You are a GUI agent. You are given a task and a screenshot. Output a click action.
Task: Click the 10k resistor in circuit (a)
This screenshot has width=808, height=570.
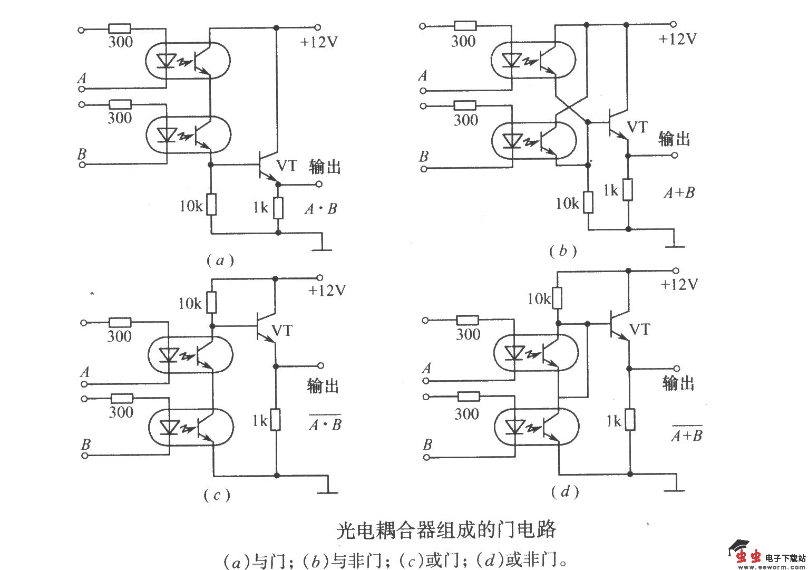point(211,205)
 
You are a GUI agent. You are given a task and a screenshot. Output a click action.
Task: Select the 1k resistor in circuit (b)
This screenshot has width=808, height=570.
point(627,190)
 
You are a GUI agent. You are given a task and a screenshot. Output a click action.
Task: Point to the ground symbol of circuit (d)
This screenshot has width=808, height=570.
point(675,489)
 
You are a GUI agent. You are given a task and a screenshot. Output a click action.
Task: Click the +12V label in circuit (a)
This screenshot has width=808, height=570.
point(318,42)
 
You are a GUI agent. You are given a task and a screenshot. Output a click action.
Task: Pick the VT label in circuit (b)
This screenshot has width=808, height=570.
point(637,128)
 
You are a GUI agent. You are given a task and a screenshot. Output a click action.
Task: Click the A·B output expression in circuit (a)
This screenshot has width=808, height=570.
point(320,209)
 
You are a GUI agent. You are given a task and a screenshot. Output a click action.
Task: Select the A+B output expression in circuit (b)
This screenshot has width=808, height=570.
point(679,193)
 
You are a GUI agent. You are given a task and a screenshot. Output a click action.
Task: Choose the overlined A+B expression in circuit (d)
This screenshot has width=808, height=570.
point(687,435)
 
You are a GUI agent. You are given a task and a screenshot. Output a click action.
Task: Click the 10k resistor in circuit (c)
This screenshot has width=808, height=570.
point(211,303)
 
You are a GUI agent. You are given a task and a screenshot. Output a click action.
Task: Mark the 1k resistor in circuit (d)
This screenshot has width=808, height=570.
point(629,420)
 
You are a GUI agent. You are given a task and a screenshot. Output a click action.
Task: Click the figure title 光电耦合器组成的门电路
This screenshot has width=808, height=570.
point(446,530)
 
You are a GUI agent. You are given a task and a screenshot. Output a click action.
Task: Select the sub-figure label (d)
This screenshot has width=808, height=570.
point(565,492)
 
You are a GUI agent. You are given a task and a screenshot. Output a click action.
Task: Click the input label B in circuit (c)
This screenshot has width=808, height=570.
point(85,445)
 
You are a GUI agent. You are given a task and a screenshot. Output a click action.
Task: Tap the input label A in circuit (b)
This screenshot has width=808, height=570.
point(423,76)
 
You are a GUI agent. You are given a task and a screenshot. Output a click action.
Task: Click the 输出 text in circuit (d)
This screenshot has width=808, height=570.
point(678,383)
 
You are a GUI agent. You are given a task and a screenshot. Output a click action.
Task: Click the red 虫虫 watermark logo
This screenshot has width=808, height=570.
point(748,556)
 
